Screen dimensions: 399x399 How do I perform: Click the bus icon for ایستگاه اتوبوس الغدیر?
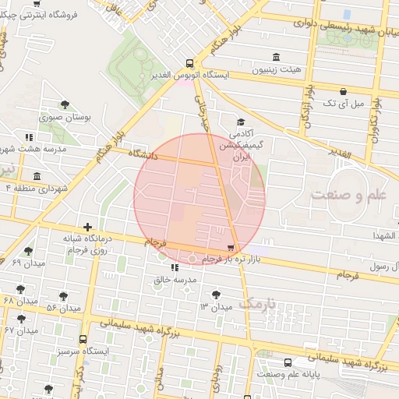pyautogui.click(x=189, y=63)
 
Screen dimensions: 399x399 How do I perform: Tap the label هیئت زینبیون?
pyautogui.click(x=275, y=70)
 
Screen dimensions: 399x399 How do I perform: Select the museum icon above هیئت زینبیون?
pyautogui.click(x=276, y=57)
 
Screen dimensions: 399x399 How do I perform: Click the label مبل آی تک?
pyautogui.click(x=343, y=102)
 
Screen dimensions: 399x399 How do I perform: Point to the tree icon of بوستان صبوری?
pyautogui.click(x=65, y=104)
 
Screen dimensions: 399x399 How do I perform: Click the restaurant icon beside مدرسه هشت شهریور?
pyautogui.click(x=30, y=138)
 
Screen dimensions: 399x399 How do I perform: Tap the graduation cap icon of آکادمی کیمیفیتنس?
pyautogui.click(x=240, y=122)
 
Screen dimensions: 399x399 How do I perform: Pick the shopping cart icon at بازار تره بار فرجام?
pyautogui.click(x=229, y=248)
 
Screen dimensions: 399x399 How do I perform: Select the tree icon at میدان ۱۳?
pyautogui.click(x=216, y=294)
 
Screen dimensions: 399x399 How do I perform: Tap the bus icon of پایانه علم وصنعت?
pyautogui.click(x=288, y=362)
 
